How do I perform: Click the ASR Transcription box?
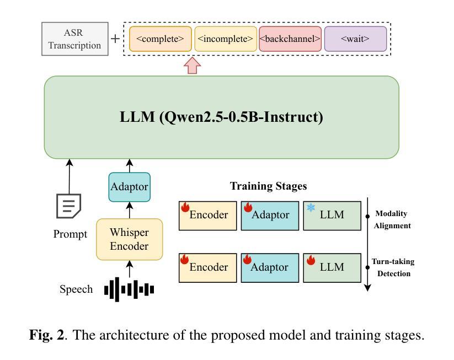pyautogui.click(x=74, y=39)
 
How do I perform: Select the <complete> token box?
pyautogui.click(x=161, y=39)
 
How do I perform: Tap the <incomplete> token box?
pyautogui.click(x=226, y=39)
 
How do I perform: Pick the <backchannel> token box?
pyautogui.click(x=290, y=39)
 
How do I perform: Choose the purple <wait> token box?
pyautogui.click(x=355, y=39)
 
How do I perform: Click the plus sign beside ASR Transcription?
pyautogui.click(x=115, y=39)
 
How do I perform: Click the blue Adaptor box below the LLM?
pyautogui.click(x=130, y=186)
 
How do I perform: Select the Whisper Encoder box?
pyautogui.click(x=130, y=239)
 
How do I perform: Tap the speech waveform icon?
pyautogui.click(x=130, y=289)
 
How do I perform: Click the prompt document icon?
pyautogui.click(x=69, y=205)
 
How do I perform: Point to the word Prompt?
pyautogui.click(x=70, y=234)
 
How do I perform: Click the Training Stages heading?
pyautogui.click(x=268, y=186)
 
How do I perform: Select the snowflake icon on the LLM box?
pyautogui.click(x=311, y=208)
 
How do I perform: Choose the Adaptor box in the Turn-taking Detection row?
pyautogui.click(x=270, y=267)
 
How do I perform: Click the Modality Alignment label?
pyautogui.click(x=393, y=219)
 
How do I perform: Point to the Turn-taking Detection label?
pyautogui.click(x=393, y=267)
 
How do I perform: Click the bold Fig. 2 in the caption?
pyautogui.click(x=46, y=335)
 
